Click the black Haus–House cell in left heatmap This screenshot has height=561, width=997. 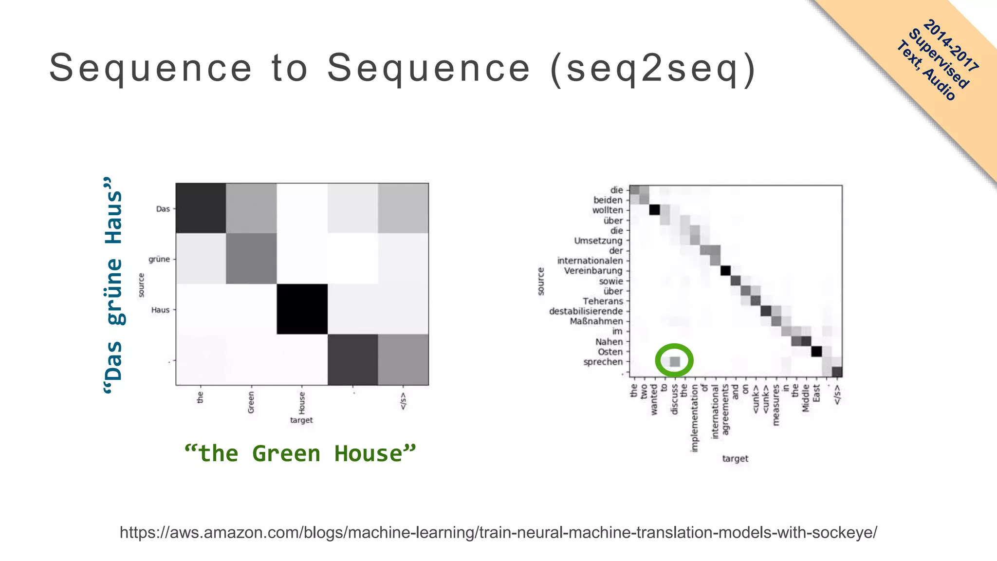coord(302,309)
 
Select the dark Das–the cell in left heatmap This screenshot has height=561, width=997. coord(201,208)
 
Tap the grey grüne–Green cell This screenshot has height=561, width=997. coord(251,259)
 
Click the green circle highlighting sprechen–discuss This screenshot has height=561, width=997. coord(674,361)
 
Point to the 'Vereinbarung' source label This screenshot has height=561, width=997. coord(593,271)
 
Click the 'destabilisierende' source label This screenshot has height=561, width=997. coord(586,311)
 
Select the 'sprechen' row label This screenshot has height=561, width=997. coord(603,362)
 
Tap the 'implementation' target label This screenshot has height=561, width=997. coord(695,418)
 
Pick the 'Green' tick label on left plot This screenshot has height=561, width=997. coord(251,402)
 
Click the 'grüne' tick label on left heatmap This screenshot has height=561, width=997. coord(159,259)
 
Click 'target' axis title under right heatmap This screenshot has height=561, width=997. coord(735,458)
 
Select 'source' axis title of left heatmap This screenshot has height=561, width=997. coord(141,285)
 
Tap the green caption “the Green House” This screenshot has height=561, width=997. coord(300,454)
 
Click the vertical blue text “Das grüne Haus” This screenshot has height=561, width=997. coord(114,285)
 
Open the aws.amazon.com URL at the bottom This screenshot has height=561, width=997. coord(498,532)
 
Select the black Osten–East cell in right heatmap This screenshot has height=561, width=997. coord(816,352)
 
